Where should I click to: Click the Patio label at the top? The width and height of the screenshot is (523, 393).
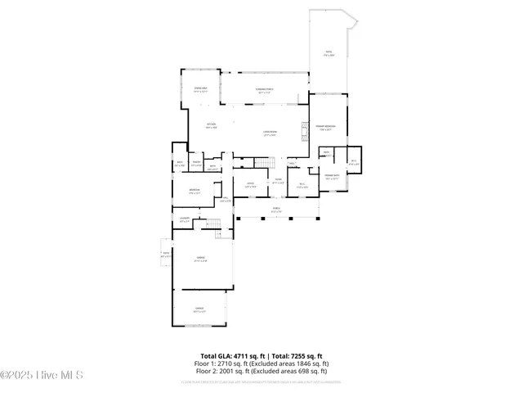[x=329, y=53]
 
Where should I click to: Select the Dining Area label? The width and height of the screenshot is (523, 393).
[x=200, y=89]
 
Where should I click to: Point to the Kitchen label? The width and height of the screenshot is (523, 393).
[x=210, y=125]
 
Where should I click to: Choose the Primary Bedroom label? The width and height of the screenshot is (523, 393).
[x=327, y=127]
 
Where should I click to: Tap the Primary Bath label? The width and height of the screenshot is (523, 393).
[x=331, y=176]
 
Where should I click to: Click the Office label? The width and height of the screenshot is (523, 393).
[x=251, y=184]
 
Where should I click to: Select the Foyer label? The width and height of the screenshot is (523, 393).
[x=278, y=181]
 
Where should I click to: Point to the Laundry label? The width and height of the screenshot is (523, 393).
[x=185, y=219]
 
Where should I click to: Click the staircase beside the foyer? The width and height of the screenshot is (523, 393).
[x=261, y=161]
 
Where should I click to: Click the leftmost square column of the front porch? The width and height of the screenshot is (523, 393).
[x=236, y=219]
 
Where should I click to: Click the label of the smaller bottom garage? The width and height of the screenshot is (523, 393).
[x=199, y=309]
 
